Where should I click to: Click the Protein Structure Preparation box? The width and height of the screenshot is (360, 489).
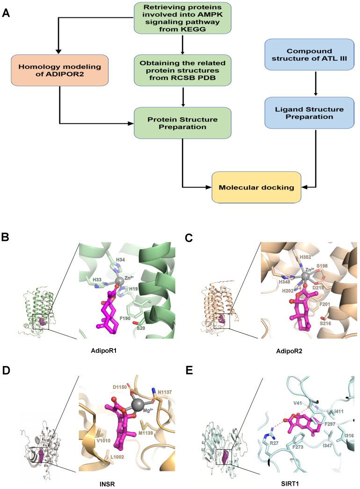(182, 123)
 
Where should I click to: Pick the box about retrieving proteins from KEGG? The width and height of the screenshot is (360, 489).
(182, 18)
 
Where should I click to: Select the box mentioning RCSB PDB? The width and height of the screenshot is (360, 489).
(182, 71)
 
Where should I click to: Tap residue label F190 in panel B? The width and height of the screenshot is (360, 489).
(113, 318)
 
